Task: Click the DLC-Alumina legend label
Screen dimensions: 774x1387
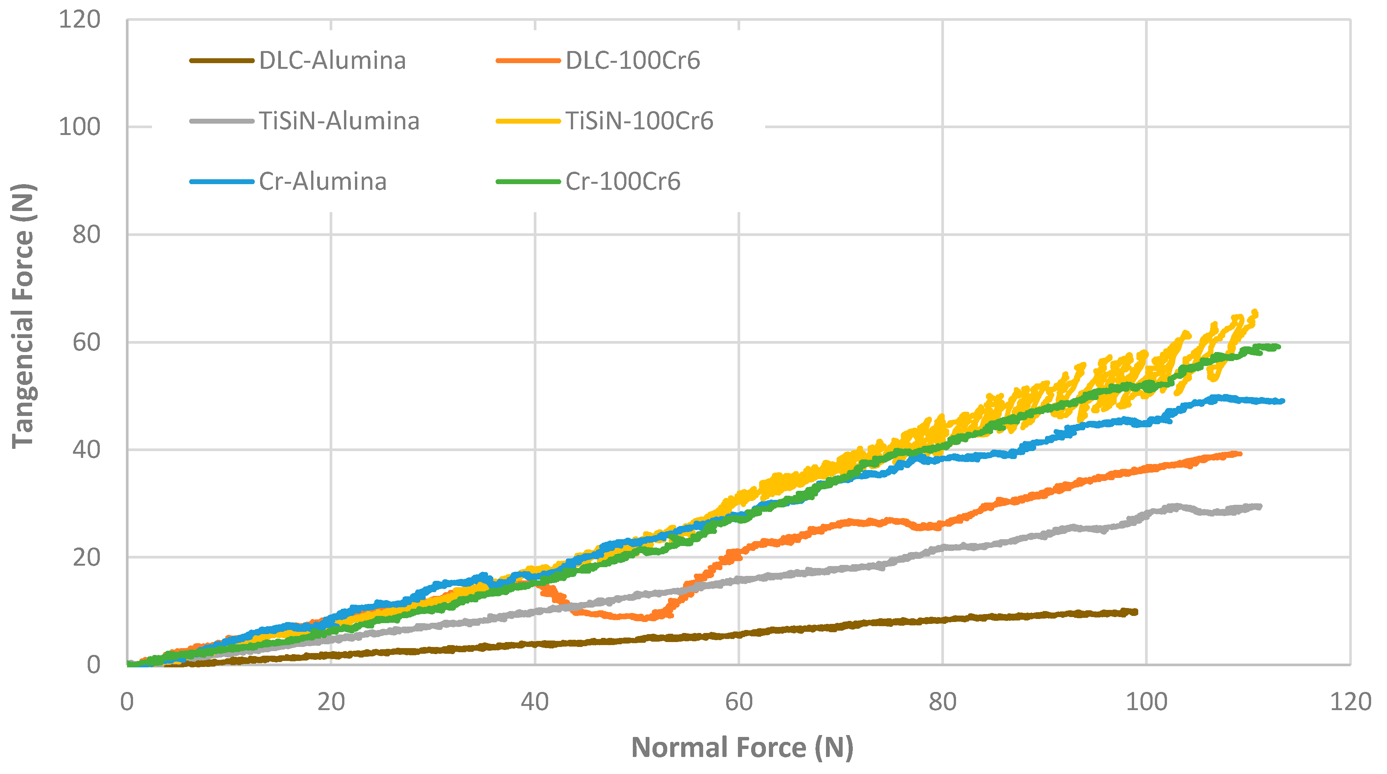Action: [x=332, y=60]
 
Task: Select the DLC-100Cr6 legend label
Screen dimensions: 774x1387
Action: [x=633, y=60]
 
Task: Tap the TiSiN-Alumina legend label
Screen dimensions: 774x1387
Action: [x=339, y=121]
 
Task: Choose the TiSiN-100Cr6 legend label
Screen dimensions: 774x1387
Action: [x=639, y=121]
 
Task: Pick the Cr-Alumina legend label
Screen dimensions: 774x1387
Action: [x=322, y=181]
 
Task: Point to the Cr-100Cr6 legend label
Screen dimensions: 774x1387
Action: [x=623, y=181]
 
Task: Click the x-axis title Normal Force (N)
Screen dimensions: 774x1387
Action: [x=742, y=748]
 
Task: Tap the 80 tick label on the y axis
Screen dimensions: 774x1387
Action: [x=86, y=235]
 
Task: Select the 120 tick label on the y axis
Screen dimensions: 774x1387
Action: [x=79, y=20]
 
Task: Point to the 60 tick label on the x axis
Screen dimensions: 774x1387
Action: [x=739, y=702]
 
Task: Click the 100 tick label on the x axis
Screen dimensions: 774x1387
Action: [x=1146, y=702]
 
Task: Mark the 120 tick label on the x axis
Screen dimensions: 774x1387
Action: [x=1350, y=702]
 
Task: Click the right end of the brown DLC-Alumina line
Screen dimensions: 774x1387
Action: [x=1136, y=612]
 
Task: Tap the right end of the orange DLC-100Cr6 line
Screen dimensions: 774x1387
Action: [x=1240, y=453]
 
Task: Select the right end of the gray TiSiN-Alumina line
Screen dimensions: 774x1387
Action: [x=1260, y=506]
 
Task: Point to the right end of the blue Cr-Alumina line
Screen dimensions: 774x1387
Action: [x=1283, y=401]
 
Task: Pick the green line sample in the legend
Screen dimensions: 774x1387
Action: [x=528, y=181]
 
